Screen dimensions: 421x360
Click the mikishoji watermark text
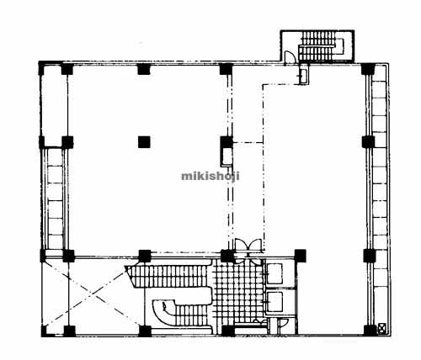coord(210,177)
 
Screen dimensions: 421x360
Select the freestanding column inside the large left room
coord(144,142)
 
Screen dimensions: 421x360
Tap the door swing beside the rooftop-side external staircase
coord(290,56)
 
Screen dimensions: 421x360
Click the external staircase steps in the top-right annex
coord(321,45)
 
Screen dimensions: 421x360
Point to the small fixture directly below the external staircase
coord(303,75)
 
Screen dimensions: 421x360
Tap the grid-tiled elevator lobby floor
coord(237,292)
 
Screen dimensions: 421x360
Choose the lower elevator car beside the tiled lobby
coord(274,302)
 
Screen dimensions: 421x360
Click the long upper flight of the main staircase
coord(168,276)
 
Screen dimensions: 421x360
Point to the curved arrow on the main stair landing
coord(165,308)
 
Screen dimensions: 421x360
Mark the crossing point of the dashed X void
coord(92,294)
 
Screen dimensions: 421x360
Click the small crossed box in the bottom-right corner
coord(381,327)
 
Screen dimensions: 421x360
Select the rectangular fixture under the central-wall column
coord(226,157)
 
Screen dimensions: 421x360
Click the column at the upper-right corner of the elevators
coord(300,255)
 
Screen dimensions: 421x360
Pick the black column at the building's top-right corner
coord(368,69)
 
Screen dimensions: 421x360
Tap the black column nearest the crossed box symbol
coord(370,331)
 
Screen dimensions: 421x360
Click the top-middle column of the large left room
coord(144,69)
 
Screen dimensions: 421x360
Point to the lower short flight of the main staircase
coord(191,315)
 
